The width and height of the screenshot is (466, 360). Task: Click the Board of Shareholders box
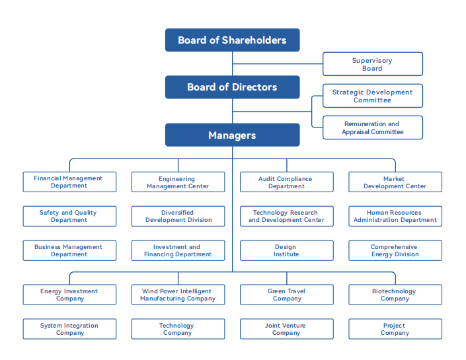tap(232, 40)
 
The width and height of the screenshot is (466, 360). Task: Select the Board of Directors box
tap(232, 87)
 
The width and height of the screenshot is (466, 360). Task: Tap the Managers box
tap(232, 135)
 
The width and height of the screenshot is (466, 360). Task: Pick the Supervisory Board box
tap(372, 64)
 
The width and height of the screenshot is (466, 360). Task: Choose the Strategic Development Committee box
tap(372, 96)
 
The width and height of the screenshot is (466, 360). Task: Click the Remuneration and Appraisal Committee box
tap(372, 127)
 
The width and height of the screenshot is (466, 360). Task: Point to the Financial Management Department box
tap(69, 182)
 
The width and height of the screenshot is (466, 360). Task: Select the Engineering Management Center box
tap(178, 182)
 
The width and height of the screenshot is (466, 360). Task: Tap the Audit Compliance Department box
tap(286, 182)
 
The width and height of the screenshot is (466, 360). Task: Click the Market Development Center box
tap(395, 182)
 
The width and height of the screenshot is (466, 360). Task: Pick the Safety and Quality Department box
tap(69, 216)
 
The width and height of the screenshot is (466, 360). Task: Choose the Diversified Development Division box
tap(178, 216)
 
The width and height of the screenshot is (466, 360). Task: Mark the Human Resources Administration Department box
tap(395, 216)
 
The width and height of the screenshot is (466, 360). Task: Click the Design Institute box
tap(286, 250)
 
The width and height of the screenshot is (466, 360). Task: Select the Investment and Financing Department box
tap(178, 250)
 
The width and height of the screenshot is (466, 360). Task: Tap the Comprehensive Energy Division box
tap(395, 250)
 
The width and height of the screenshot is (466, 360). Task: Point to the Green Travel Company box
tap(286, 295)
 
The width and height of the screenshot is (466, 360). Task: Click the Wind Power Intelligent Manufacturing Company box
tap(178, 295)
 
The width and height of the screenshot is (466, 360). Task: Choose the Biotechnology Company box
tap(395, 295)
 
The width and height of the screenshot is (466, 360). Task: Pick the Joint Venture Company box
tap(286, 329)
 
